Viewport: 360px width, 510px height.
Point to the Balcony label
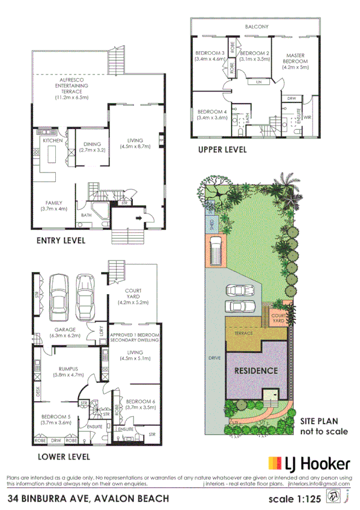[257, 27]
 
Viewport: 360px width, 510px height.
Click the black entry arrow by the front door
[140, 220]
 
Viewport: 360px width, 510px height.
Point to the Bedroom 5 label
[55, 419]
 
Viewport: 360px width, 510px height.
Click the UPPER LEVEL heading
[222, 150]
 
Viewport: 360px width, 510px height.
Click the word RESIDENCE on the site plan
[255, 370]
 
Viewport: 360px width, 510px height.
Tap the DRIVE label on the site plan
[215, 358]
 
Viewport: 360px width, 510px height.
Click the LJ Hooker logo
[308, 463]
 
